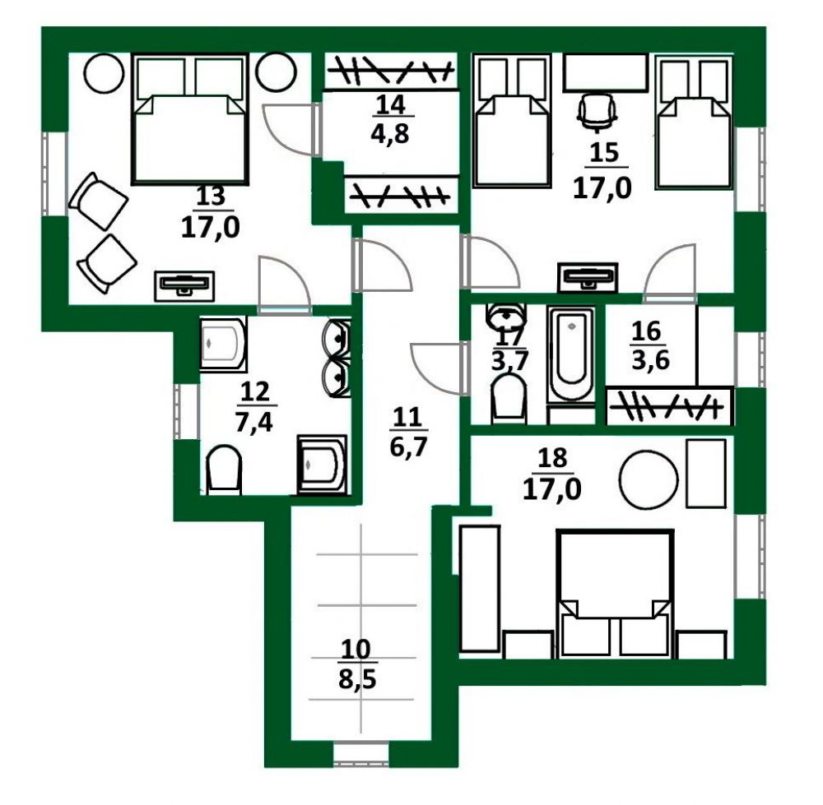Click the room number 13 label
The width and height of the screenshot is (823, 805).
tap(211, 197)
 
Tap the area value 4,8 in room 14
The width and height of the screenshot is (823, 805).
tap(389, 135)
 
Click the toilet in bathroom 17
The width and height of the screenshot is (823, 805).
tap(508, 400)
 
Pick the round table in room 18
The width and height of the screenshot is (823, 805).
tap(649, 479)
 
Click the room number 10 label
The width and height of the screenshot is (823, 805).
tap(356, 650)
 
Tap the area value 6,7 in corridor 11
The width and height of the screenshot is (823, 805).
tap(408, 447)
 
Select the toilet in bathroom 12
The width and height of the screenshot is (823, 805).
tap(224, 470)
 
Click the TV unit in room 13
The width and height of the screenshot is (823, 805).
tap(184, 286)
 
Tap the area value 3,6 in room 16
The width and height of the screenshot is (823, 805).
tap(650, 360)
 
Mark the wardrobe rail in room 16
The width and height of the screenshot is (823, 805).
tap(669, 406)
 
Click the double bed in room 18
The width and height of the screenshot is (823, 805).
tap(615, 594)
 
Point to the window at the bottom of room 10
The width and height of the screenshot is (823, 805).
tap(361, 756)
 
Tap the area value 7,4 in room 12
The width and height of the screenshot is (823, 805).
tap(254, 422)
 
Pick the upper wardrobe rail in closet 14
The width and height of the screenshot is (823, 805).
tap(389, 70)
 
